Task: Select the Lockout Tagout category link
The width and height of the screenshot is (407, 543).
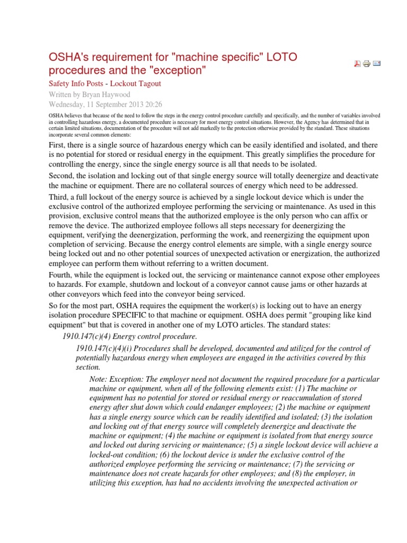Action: point(136,83)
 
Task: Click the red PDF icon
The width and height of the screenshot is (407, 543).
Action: point(357,64)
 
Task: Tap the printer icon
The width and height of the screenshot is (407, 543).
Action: point(367,64)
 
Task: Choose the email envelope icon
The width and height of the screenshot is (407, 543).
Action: point(377,64)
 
